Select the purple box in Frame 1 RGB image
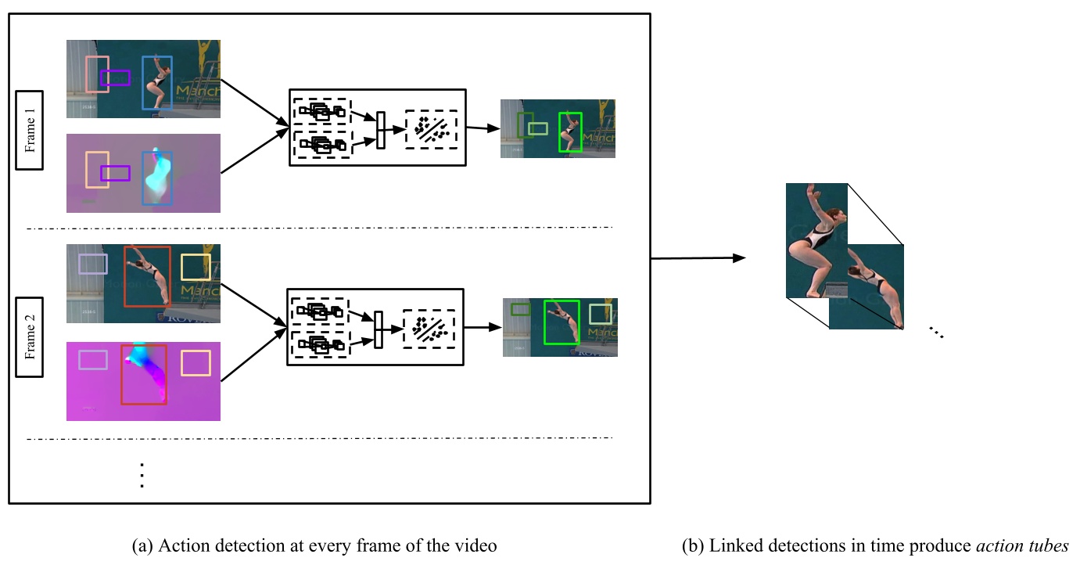tap(115, 77)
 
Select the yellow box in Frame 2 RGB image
tap(196, 267)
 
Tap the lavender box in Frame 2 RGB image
tap(92, 264)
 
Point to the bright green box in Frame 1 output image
tap(570, 132)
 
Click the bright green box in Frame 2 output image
tap(562, 322)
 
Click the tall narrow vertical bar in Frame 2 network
tap(379, 329)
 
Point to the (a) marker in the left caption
tap(143, 546)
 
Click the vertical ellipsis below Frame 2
tap(142, 475)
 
